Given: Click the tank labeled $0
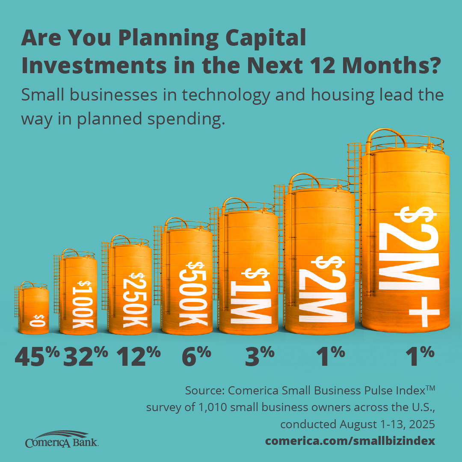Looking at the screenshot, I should [x=34, y=310].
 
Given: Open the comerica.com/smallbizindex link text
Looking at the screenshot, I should [x=350, y=441].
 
